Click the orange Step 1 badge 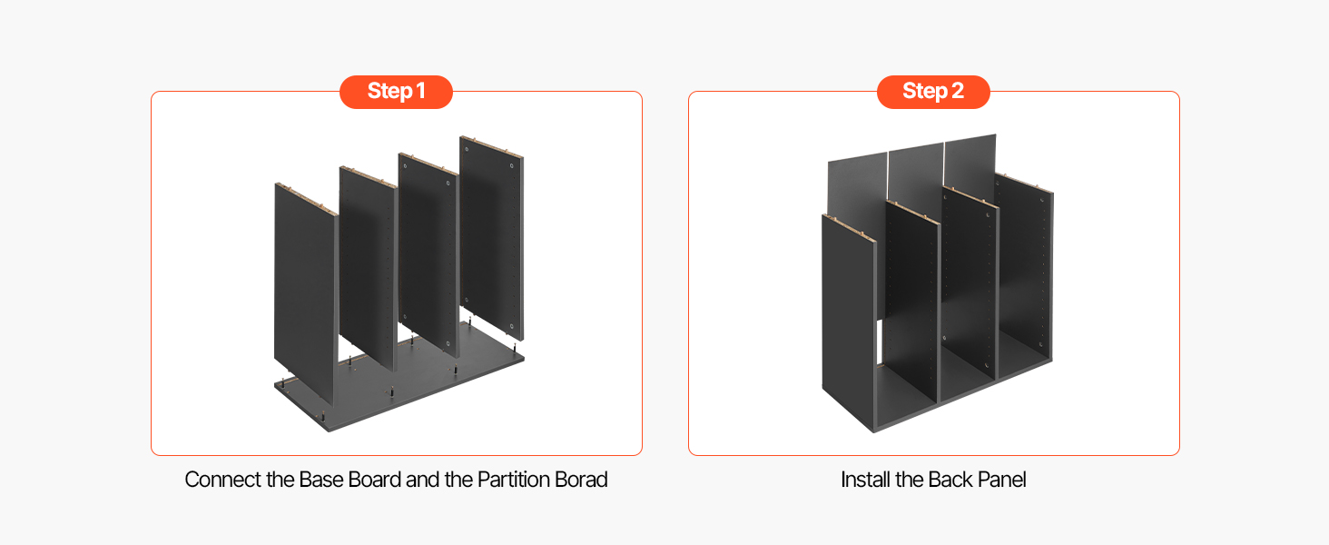(x=396, y=92)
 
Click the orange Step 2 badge (x=933, y=92)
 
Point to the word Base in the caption (x=321, y=480)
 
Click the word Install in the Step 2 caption (x=866, y=480)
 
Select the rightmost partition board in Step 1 (x=492, y=237)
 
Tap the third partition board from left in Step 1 (x=428, y=254)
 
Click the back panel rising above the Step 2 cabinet (x=913, y=173)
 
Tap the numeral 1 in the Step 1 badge (x=420, y=92)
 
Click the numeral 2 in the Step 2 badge (x=958, y=92)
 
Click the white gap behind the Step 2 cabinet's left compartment (x=881, y=342)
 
